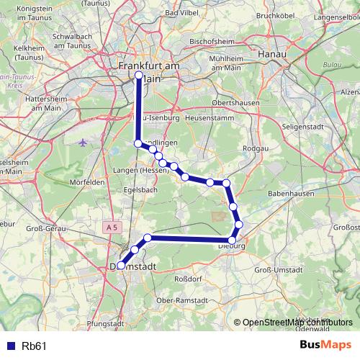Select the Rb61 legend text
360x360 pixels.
[34, 346]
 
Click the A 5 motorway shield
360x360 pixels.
[111, 228]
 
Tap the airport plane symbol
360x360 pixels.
[84, 141]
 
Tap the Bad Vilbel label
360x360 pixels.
[181, 13]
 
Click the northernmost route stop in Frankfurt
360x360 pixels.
[139, 74]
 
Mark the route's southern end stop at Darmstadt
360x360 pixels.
[121, 265]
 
